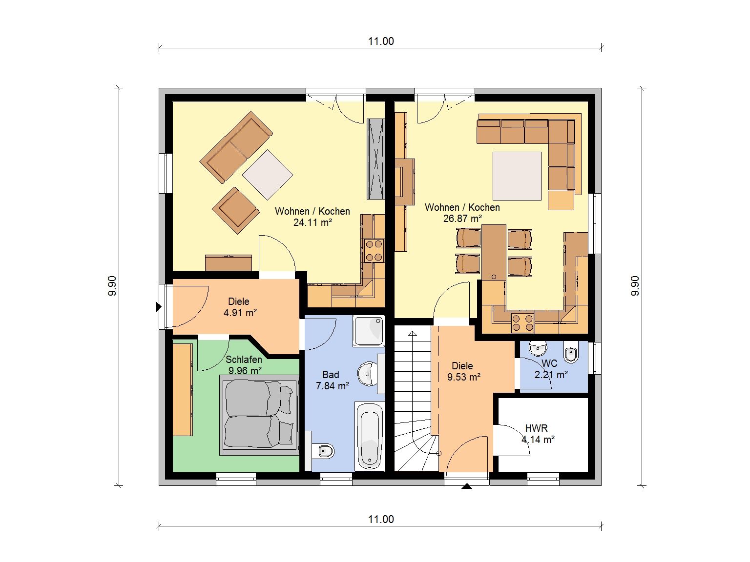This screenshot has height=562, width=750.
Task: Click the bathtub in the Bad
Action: [x=370, y=437]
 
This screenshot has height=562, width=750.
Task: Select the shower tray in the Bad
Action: [x=369, y=331]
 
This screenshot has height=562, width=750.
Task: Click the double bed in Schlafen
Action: [x=259, y=415]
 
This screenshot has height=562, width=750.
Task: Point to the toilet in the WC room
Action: [x=571, y=354]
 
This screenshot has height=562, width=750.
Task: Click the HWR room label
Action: [x=537, y=428]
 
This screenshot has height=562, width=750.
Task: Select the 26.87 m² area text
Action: [x=462, y=219]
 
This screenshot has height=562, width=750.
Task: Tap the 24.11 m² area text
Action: [x=312, y=222]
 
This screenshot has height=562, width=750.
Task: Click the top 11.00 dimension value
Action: [x=381, y=41]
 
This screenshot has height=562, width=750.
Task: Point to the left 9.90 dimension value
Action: [x=112, y=286]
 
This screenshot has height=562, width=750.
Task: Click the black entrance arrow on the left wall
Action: [x=158, y=307]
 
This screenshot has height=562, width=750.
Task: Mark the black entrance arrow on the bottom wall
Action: [x=467, y=486]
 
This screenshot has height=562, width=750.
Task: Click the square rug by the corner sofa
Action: [x=517, y=176]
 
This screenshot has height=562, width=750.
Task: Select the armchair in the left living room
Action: [x=235, y=210]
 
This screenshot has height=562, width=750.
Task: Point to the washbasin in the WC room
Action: [x=538, y=348]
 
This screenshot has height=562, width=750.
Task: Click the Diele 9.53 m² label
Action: [x=463, y=371]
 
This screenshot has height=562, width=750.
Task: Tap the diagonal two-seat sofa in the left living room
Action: [x=236, y=147]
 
